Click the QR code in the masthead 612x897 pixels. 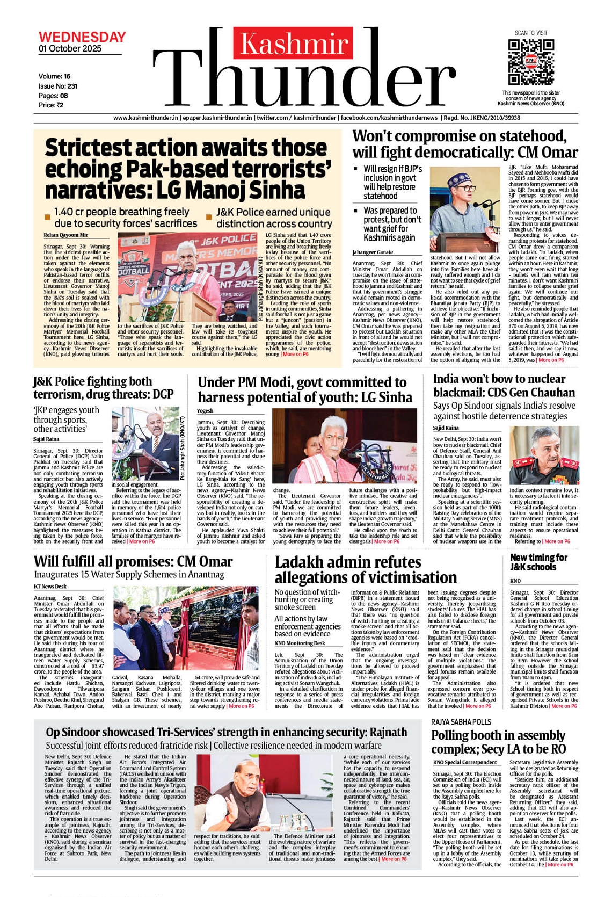(530, 61)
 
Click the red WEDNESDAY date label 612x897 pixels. (82, 37)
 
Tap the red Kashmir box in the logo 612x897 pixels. (294, 44)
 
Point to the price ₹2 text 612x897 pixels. (51, 105)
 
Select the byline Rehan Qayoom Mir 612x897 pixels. (66, 235)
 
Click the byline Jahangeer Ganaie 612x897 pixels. (373, 252)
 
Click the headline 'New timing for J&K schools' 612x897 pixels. (538, 562)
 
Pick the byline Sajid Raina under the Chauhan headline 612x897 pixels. (446, 428)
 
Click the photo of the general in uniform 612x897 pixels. (544, 455)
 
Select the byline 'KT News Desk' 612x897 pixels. (50, 587)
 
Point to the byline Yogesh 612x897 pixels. (205, 411)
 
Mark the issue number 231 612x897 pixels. (72, 86)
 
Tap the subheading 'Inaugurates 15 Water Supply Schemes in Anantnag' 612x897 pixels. (129, 575)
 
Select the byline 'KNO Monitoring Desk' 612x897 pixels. (300, 643)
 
